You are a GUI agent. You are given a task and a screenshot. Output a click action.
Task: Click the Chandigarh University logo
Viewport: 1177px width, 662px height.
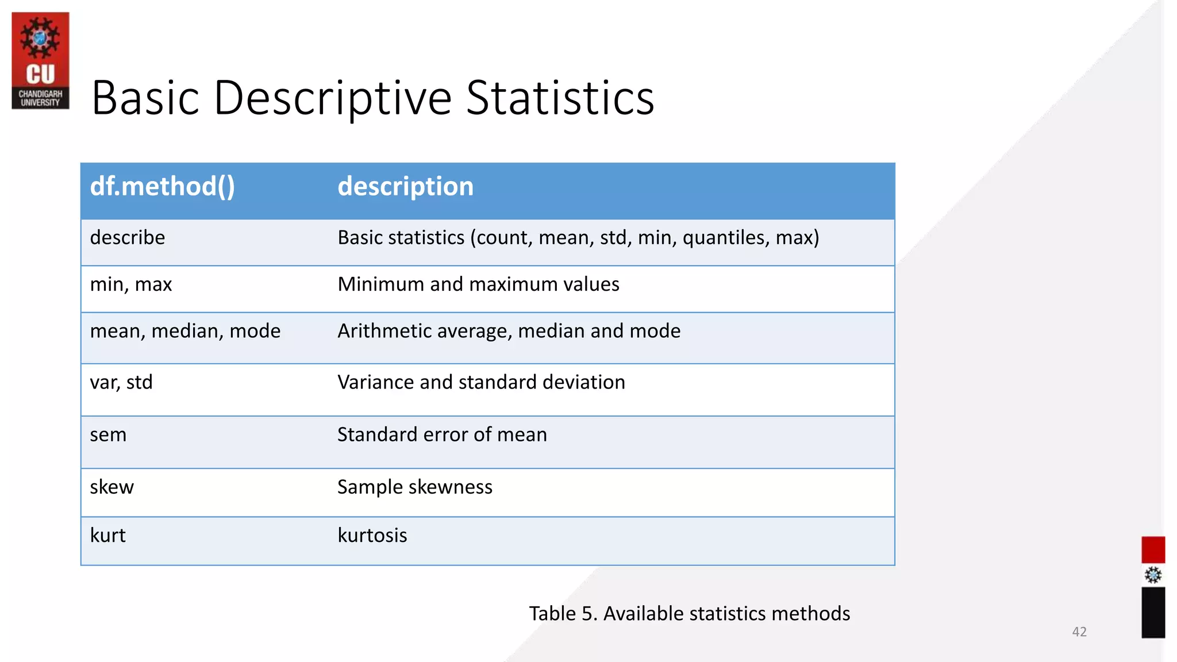click(40, 60)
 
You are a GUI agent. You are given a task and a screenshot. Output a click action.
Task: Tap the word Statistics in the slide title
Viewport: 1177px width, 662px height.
click(560, 98)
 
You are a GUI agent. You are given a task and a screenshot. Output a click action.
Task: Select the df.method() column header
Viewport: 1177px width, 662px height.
click(163, 187)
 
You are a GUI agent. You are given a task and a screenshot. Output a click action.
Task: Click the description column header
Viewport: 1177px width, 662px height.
click(405, 187)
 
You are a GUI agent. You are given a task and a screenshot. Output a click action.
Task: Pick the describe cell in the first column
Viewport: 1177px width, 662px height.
click(128, 237)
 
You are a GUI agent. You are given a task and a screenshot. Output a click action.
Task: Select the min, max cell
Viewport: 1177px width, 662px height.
click(131, 284)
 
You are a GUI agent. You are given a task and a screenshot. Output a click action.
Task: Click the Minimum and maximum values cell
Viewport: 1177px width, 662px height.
click(478, 284)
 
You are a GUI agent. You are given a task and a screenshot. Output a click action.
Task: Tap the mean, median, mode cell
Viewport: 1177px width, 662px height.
click(185, 331)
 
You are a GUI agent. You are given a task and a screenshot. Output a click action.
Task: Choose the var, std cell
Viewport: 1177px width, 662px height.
click(121, 382)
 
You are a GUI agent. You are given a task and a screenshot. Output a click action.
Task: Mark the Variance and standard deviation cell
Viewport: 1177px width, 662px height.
click(481, 382)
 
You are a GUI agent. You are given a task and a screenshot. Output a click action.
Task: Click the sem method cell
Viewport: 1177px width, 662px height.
click(108, 435)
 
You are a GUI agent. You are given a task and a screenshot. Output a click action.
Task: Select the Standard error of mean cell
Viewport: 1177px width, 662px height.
click(442, 435)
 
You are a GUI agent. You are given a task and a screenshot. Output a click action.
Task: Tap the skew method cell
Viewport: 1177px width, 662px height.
click(111, 487)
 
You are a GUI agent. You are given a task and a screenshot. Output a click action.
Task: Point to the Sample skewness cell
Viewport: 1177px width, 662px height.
click(414, 487)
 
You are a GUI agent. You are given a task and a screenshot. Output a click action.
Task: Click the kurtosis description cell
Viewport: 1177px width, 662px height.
click(372, 536)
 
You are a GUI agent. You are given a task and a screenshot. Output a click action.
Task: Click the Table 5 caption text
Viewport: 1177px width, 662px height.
click(689, 614)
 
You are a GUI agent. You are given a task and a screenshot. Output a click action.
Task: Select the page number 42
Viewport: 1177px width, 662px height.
click(1079, 632)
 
